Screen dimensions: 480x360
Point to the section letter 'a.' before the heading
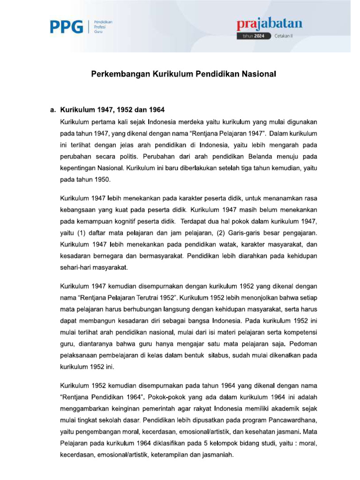tap(52, 111)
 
